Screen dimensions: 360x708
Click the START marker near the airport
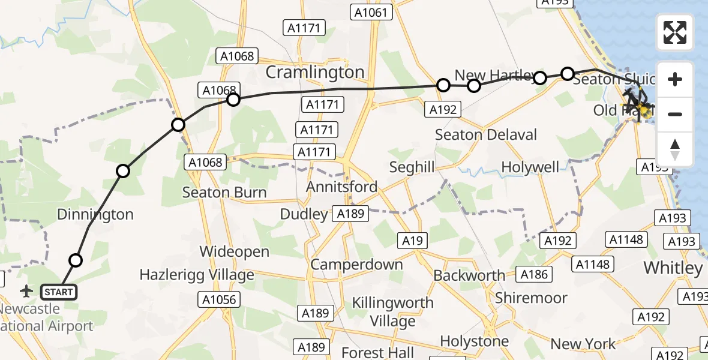(x=59, y=292)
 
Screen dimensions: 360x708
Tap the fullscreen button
(x=675, y=32)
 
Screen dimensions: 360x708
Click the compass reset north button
(x=675, y=149)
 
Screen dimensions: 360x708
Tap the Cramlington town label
(x=315, y=72)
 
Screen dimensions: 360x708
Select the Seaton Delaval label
(x=486, y=134)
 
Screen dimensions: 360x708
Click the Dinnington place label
(x=95, y=214)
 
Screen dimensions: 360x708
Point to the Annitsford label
(x=342, y=187)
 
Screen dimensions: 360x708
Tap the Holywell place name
(x=530, y=167)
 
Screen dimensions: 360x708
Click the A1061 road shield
(x=373, y=12)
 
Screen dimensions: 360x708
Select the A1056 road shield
(x=220, y=299)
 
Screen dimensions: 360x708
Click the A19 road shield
(x=412, y=241)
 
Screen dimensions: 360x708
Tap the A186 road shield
(x=534, y=274)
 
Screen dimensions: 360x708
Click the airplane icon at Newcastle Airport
(x=26, y=292)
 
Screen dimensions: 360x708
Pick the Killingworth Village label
(x=392, y=311)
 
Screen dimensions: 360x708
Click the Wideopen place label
(x=235, y=251)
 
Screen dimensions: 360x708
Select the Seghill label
(x=412, y=167)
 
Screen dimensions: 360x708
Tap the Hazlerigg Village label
(x=197, y=275)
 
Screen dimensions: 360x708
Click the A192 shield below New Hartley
(x=443, y=109)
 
